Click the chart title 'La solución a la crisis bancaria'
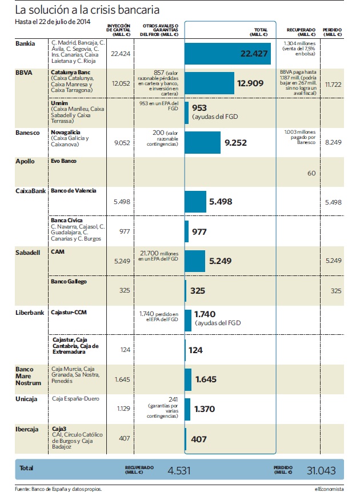click(87, 10)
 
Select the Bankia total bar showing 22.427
click(227, 54)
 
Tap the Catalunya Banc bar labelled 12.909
click(209, 83)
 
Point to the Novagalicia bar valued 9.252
click(202, 142)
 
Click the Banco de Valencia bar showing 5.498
click(195, 202)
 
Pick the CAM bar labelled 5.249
click(195, 261)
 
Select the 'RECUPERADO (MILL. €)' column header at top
click(301, 32)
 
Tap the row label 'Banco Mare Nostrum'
click(28, 376)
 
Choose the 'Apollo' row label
click(25, 161)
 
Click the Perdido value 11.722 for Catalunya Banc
click(333, 85)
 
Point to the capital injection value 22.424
click(121, 54)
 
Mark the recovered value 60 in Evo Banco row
click(311, 173)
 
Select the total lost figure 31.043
click(321, 470)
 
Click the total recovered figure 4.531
click(179, 470)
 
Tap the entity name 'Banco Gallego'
click(69, 282)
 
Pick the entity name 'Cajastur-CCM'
click(69, 312)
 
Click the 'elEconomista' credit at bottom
click(329, 489)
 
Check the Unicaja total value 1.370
click(205, 409)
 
